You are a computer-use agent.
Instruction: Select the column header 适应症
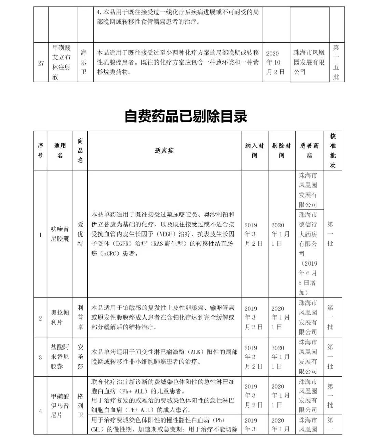[164, 151]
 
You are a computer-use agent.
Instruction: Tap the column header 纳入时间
[255, 151]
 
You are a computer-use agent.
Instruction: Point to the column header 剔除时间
[281, 151]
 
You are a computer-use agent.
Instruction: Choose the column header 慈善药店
[309, 151]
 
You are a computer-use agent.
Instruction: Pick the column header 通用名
[60, 151]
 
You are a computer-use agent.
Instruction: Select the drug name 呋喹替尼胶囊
[60, 234]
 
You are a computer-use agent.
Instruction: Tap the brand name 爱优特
[80, 234]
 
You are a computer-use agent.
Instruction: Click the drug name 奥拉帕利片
[60, 317]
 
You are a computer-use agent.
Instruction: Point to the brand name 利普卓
[80, 317]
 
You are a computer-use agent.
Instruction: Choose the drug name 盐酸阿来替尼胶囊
[60, 357]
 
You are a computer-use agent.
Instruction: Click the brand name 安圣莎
[80, 357]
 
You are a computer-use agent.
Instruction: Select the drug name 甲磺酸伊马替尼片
[60, 406]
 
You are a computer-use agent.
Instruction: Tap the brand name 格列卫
[80, 406]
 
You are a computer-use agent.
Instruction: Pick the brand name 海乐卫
[84, 62]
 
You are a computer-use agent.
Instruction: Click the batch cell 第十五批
[336, 62]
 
